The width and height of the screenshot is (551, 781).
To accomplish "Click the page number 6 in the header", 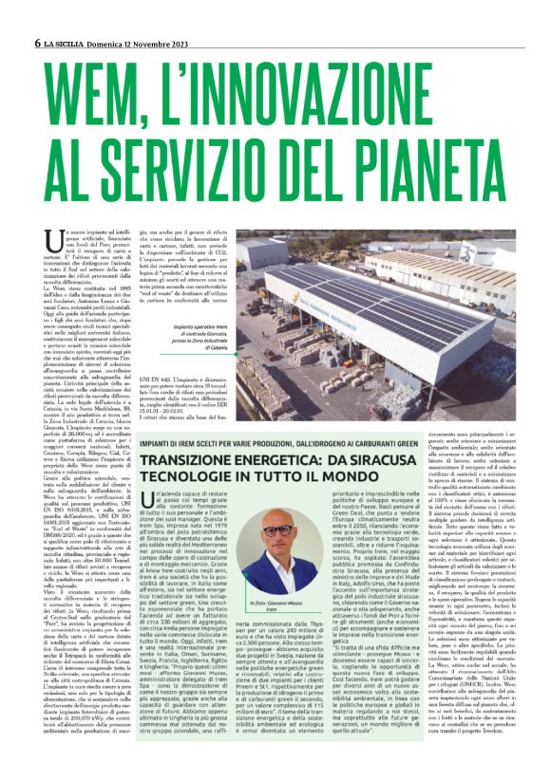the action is point(36,43).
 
